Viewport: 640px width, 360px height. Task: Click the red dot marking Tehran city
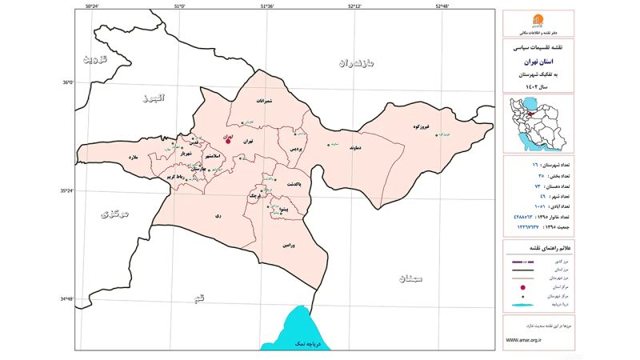(x=228, y=140)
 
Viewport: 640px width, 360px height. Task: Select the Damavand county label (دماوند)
(x=357, y=147)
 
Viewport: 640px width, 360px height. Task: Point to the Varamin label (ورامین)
(x=288, y=246)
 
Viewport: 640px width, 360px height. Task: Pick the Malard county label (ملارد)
(x=133, y=158)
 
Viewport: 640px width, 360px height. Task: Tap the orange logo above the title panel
(x=537, y=22)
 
